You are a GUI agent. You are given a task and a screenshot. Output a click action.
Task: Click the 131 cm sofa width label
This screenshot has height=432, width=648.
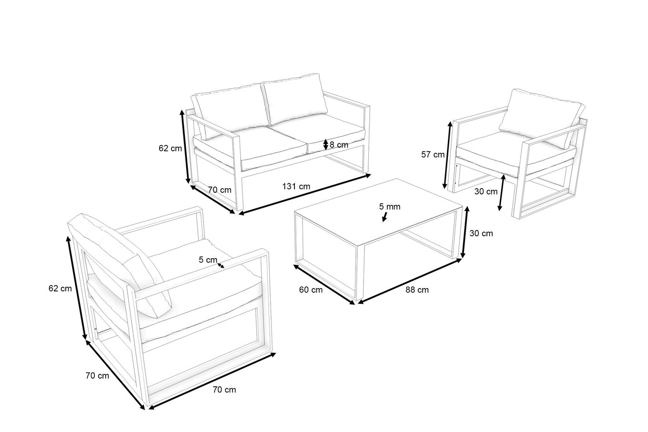tap(296, 187)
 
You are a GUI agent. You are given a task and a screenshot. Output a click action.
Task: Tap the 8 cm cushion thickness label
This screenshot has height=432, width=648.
tap(339, 145)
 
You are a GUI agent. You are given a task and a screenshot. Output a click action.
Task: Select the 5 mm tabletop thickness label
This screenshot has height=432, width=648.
tap(390, 207)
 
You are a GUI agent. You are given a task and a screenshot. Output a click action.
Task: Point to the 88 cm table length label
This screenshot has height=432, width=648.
tap(417, 290)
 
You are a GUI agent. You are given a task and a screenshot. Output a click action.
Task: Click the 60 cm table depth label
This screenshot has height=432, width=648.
tap(311, 290)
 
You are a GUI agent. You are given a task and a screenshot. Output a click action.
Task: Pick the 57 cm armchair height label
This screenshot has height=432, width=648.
tap(433, 155)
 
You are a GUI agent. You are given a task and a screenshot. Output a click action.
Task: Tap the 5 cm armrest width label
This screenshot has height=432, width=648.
tap(208, 260)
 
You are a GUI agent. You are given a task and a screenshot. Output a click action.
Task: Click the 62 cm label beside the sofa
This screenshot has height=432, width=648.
tap(170, 148)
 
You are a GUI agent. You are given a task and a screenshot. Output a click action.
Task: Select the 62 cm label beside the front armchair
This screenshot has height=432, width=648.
tap(60, 288)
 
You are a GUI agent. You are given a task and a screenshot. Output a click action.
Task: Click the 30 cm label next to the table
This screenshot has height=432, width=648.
tap(481, 233)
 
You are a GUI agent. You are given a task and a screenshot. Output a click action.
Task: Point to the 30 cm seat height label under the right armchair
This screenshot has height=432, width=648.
tap(486, 191)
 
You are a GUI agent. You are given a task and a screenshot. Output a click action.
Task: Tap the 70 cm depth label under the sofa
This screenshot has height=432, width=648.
tap(220, 190)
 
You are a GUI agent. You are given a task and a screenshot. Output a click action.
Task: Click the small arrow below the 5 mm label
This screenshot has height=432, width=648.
tap(385, 217)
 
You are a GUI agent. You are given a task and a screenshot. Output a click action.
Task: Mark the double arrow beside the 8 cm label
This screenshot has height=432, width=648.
tap(326, 145)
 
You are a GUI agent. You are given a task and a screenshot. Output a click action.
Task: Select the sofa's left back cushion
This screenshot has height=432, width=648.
tap(230, 111)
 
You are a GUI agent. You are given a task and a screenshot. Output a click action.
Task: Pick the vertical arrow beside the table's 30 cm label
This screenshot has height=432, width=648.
tap(465, 232)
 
